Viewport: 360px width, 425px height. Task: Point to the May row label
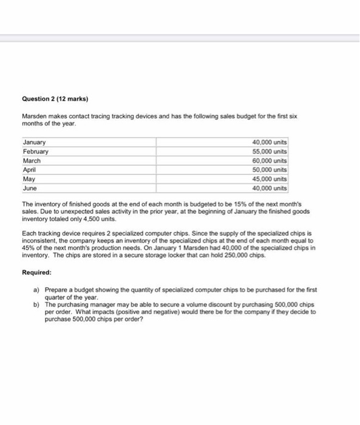[x=29, y=179]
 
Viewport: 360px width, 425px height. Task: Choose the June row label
[x=30, y=188]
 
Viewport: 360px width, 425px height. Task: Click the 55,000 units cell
[x=269, y=151]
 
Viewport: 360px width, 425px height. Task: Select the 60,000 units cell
[x=269, y=161]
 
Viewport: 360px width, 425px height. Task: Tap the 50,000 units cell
[x=269, y=170]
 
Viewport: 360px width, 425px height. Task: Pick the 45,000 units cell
[x=269, y=179]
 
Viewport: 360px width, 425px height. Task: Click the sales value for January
[x=269, y=142]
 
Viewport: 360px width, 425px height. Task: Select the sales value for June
[x=269, y=188]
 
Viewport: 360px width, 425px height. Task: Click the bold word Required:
[x=36, y=273]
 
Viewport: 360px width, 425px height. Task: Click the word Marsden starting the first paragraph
[x=35, y=116]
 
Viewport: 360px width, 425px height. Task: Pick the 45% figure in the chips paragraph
[x=28, y=249]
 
